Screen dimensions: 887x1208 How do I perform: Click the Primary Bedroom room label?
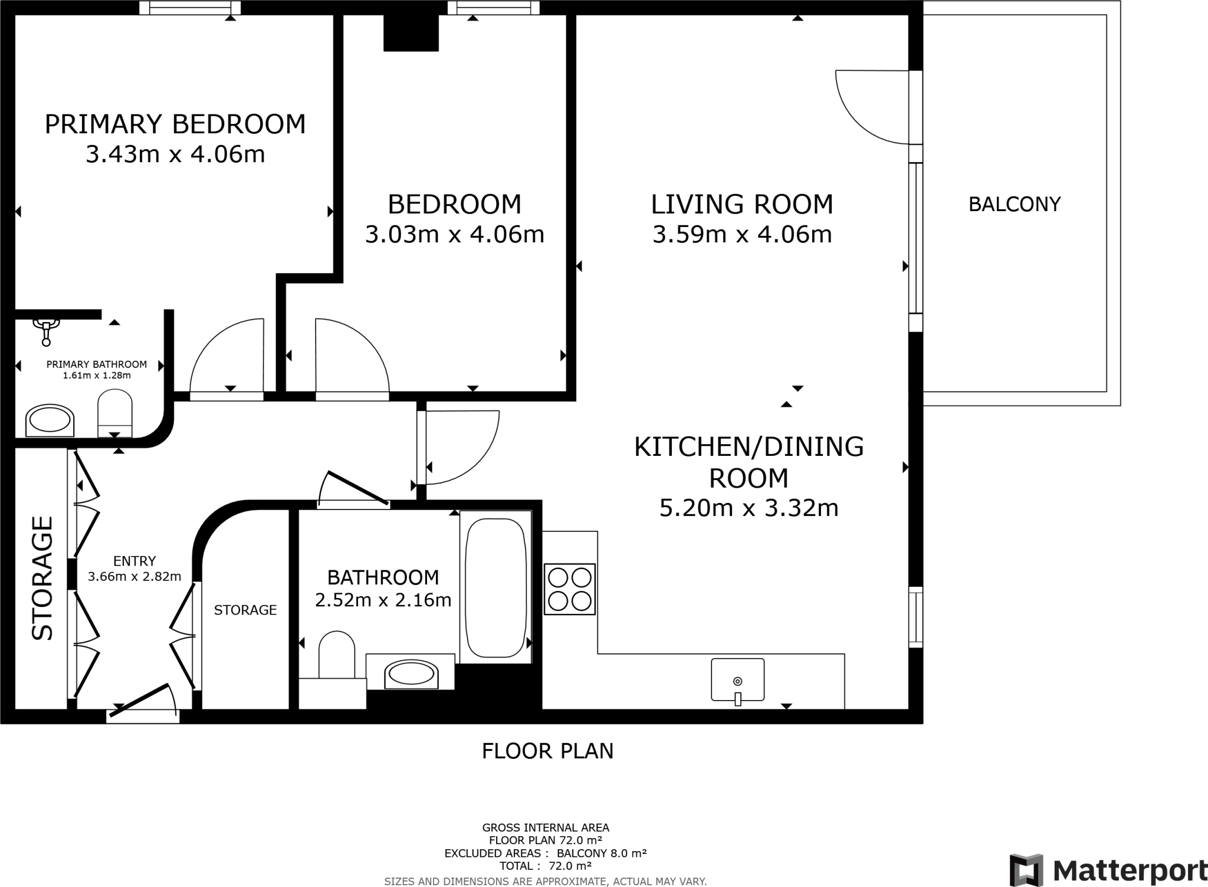pos(175,124)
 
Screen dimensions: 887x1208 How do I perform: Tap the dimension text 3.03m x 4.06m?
pos(454,234)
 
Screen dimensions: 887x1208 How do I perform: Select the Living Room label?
pos(742,204)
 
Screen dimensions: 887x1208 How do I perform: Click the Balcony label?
pos(1015,204)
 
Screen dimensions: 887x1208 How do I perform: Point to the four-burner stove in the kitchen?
pos(569,589)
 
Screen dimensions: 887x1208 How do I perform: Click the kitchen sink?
pos(737,679)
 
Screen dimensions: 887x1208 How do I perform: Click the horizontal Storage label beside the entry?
pos(245,610)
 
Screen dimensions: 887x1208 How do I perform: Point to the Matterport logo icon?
pos(1026,869)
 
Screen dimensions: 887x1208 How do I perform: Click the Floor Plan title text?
pos(547,751)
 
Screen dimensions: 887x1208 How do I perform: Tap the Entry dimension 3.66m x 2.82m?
pos(134,576)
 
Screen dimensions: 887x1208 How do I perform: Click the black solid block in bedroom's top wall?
pos(411,32)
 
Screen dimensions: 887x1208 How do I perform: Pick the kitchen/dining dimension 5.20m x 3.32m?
pos(749,508)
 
